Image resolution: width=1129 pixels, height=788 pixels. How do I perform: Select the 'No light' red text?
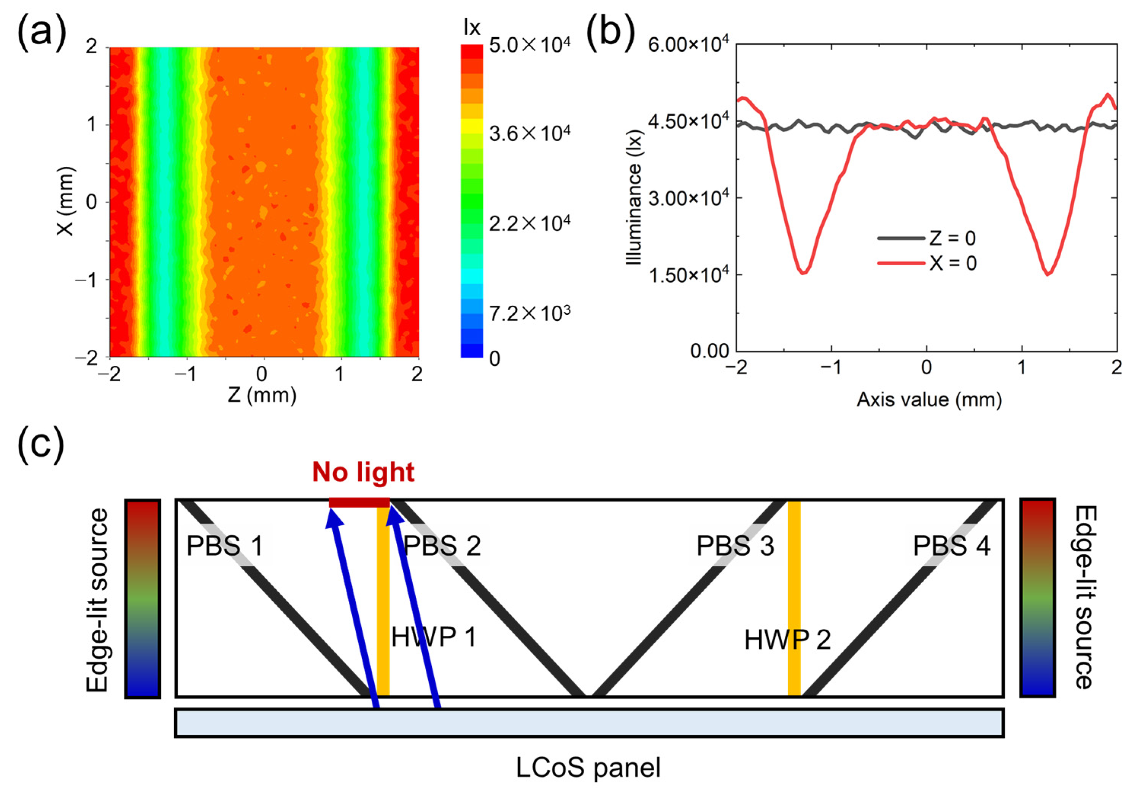coord(363,472)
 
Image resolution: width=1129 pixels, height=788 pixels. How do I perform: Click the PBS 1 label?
coord(225,546)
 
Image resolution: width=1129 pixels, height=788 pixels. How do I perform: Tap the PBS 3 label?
coord(735,546)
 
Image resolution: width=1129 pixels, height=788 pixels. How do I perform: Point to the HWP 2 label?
coord(787,640)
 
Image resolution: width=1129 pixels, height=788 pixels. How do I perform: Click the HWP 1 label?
coord(434,637)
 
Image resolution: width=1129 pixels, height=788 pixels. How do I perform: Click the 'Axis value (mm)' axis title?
coord(929,400)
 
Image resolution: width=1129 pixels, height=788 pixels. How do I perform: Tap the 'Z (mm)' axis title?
coord(262,395)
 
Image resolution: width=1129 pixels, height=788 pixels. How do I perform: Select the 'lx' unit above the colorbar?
coord(472,28)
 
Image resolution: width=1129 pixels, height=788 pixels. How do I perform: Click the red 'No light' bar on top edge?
coord(359,502)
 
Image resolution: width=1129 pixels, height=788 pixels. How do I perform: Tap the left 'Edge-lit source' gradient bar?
coord(143,598)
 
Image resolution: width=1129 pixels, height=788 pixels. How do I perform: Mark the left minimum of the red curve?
coord(803,273)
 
